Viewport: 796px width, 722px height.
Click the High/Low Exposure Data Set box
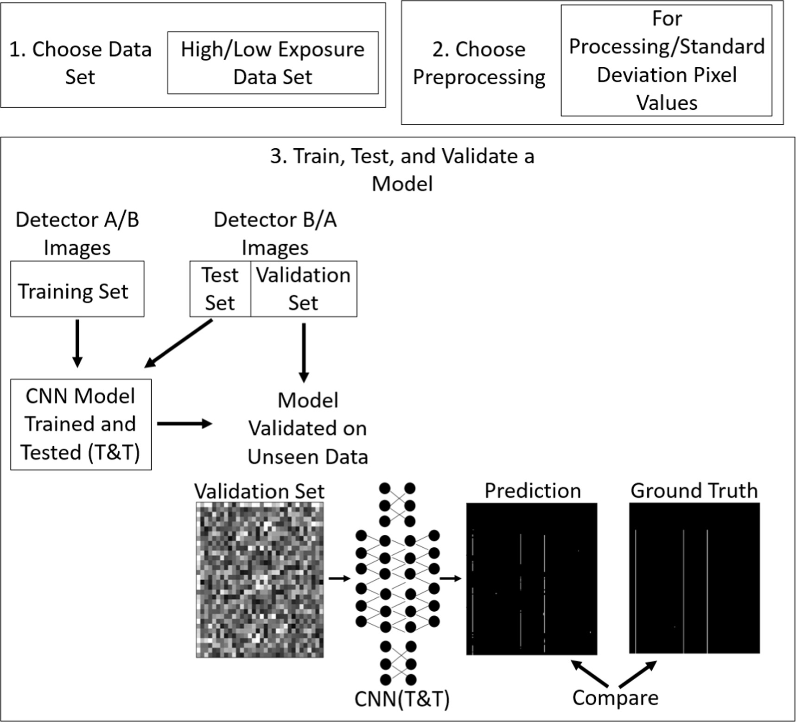(x=273, y=63)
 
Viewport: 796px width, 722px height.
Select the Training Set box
(x=77, y=289)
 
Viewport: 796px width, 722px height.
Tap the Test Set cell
(x=220, y=289)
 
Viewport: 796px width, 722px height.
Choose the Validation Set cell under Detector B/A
(x=303, y=289)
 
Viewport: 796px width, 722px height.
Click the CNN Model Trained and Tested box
(x=81, y=424)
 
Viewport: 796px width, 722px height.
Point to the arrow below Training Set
(x=77, y=343)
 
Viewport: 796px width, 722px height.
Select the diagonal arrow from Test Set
(x=178, y=343)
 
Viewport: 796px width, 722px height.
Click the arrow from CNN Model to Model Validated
(x=184, y=424)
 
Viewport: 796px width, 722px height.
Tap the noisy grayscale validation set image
(x=260, y=580)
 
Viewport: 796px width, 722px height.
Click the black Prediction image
(x=531, y=579)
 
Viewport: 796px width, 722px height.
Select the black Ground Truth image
(x=694, y=578)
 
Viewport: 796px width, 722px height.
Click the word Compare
(x=615, y=698)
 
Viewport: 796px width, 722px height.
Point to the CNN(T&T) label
(x=401, y=699)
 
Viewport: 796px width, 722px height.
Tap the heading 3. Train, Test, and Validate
(x=402, y=169)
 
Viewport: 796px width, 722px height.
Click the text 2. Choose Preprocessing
(x=479, y=63)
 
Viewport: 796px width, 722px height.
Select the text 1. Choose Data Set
(x=80, y=63)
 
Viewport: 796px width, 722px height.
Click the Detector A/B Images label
(x=77, y=233)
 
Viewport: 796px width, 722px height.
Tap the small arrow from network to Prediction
(x=450, y=578)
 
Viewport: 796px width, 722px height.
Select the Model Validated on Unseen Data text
(x=307, y=429)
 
